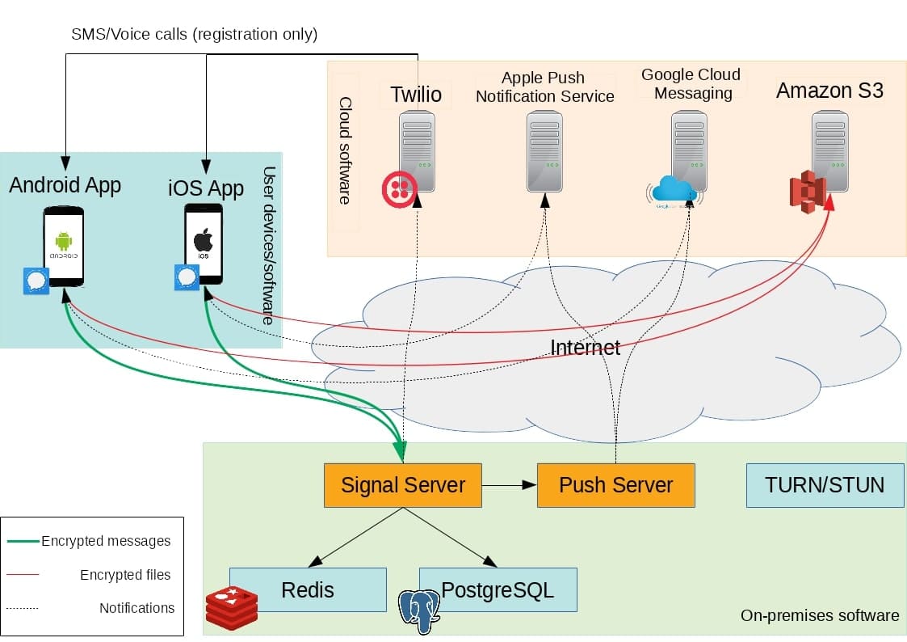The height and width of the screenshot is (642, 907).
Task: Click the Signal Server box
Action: tap(402, 485)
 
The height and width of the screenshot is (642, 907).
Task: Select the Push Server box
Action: tap(615, 485)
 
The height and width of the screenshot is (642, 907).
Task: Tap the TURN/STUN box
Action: tap(825, 485)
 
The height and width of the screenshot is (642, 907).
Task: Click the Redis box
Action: tap(308, 589)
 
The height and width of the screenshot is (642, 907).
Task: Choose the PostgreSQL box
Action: tap(498, 589)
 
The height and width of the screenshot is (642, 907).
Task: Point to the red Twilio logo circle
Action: tap(399, 188)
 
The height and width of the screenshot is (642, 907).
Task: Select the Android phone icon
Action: tap(64, 245)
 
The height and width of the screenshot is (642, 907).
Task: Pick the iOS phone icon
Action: tap(204, 243)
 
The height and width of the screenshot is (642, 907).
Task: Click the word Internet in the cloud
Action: tap(585, 348)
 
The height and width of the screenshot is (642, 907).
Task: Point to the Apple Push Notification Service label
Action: tap(545, 87)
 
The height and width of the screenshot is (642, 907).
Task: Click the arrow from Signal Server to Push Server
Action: tap(510, 485)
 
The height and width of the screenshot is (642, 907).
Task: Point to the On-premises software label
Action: tap(819, 616)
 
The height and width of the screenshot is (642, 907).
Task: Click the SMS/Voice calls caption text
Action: tap(194, 35)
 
